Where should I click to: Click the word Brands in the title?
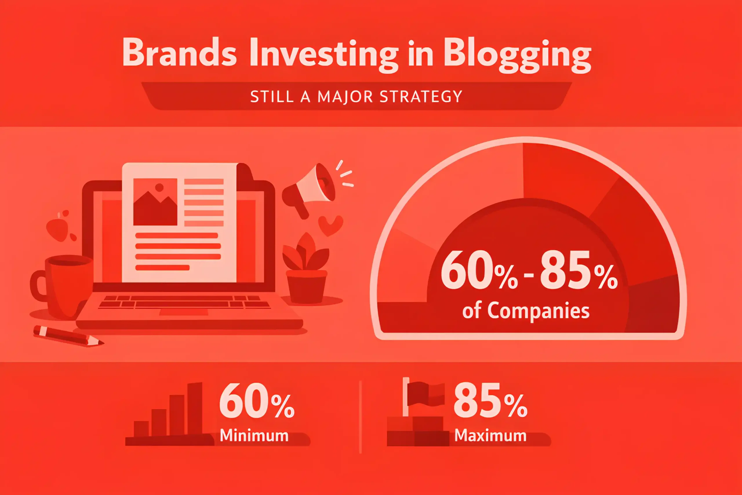point(179,52)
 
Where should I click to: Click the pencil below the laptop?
point(68,336)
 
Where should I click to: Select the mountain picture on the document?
point(155,202)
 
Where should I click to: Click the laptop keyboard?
point(184,302)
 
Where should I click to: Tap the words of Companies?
point(526,311)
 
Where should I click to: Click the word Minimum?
point(254,435)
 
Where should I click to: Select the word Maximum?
point(491,435)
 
